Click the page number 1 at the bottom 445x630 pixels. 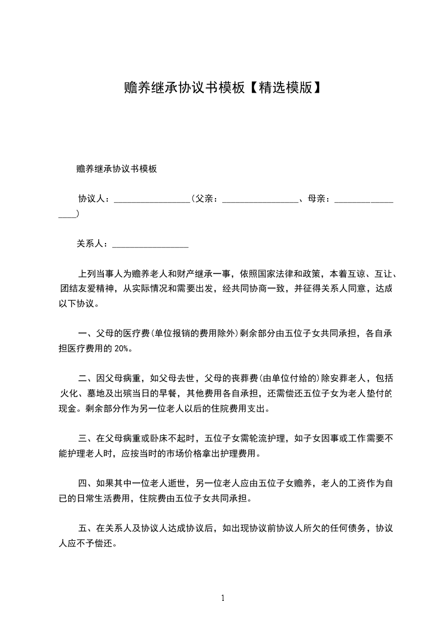223,598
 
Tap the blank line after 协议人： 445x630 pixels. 152,199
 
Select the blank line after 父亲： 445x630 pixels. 260,199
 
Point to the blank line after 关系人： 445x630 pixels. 150,244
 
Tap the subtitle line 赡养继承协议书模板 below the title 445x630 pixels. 116,168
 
